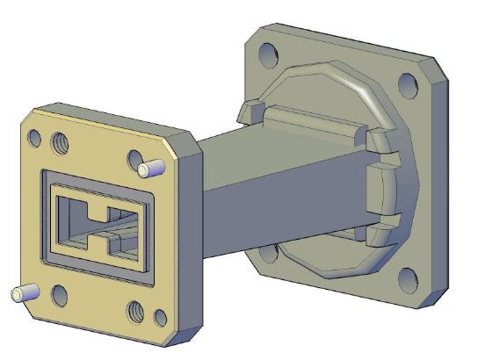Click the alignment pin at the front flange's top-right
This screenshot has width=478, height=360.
[149, 167]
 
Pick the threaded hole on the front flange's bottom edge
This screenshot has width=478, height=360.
[136, 309]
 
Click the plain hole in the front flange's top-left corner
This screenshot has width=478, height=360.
[34, 138]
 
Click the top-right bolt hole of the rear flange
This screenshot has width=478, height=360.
[407, 85]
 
